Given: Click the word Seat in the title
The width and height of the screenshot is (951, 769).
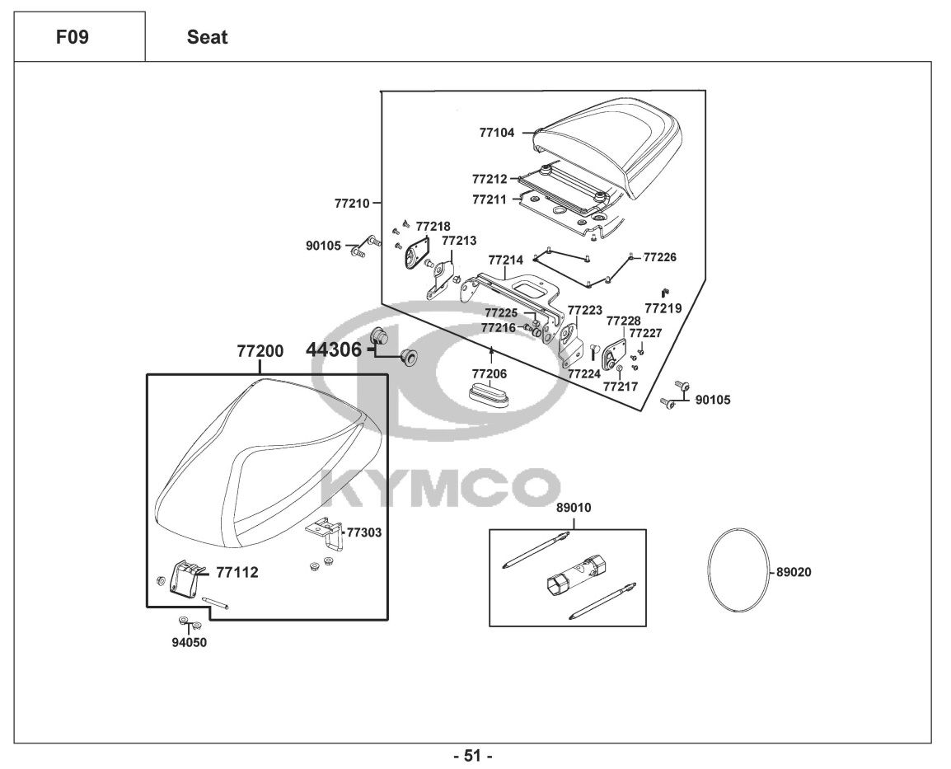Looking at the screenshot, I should pos(207,37).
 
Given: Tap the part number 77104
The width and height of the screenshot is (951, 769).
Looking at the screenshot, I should pos(497,132).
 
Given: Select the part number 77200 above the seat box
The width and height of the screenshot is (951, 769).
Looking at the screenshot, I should pos(260,351).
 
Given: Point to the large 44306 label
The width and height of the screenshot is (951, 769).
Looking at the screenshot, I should pos(334,349).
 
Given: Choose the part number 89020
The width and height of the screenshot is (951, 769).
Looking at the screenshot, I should pos(794,572).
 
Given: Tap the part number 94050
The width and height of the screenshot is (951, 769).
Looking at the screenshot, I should pos(189,643).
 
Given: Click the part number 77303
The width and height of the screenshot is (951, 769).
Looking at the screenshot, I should pos(363,532).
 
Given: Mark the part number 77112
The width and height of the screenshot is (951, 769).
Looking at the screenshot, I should pos(237,572).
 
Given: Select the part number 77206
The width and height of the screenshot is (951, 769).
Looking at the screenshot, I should pos(490,373).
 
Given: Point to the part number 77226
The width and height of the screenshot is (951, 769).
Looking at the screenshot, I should pos(659,257).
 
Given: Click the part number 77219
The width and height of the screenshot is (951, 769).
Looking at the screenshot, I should pos(663,308).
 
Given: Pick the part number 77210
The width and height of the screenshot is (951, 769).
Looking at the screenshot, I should pos(352,201).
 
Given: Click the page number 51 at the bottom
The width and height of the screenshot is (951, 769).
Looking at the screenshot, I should pos(474,755).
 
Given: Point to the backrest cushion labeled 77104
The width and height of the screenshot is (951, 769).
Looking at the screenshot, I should pos(610,144).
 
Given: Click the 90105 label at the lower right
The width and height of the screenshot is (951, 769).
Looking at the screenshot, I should pos(713,401).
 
